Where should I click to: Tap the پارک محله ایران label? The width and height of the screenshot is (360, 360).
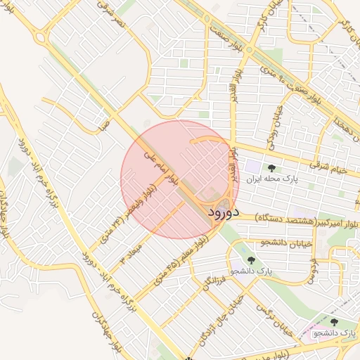pos(271,179)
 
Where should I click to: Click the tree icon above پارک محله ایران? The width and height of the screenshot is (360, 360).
pos(271,167)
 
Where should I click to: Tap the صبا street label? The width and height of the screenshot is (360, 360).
pos(106,124)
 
